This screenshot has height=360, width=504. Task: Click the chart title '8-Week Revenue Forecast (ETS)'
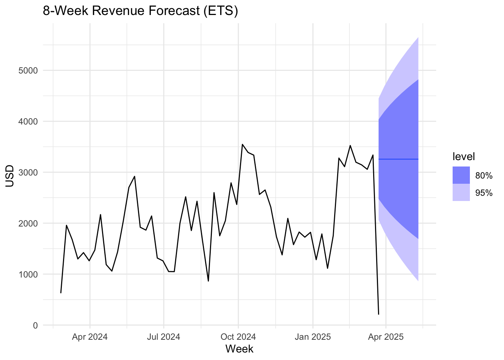141,11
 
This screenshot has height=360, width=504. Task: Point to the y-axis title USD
10,176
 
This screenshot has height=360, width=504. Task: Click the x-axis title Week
239,349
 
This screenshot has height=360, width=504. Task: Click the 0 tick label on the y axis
35,325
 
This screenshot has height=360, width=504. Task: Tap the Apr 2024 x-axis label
90,337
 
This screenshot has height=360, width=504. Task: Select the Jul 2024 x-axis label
163,337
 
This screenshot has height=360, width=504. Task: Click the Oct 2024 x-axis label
238,337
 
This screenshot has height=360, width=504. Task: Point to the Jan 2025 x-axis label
313,337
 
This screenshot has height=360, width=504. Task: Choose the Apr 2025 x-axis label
386,337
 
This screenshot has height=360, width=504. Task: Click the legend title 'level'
463,156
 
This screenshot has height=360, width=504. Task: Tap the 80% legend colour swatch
461,175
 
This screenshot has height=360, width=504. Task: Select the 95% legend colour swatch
461,192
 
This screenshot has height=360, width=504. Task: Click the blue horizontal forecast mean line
398,159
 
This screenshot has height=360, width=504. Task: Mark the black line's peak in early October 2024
242,144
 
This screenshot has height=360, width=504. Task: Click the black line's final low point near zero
378,314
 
